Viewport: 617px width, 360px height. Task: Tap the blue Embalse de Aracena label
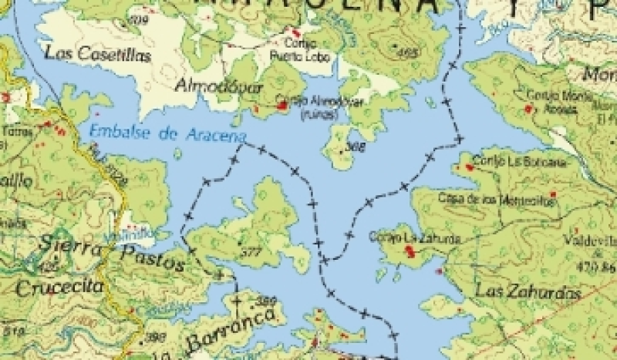pos(167,132)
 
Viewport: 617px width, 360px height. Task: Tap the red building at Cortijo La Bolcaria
pos(467,167)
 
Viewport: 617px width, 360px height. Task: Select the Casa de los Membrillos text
pos(509,198)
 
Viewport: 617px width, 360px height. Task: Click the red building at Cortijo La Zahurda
pos(408,251)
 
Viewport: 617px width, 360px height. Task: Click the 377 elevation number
pos(249,253)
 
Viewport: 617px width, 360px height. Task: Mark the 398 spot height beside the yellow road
pos(155,336)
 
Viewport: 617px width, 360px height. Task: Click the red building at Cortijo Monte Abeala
pos(528,109)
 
